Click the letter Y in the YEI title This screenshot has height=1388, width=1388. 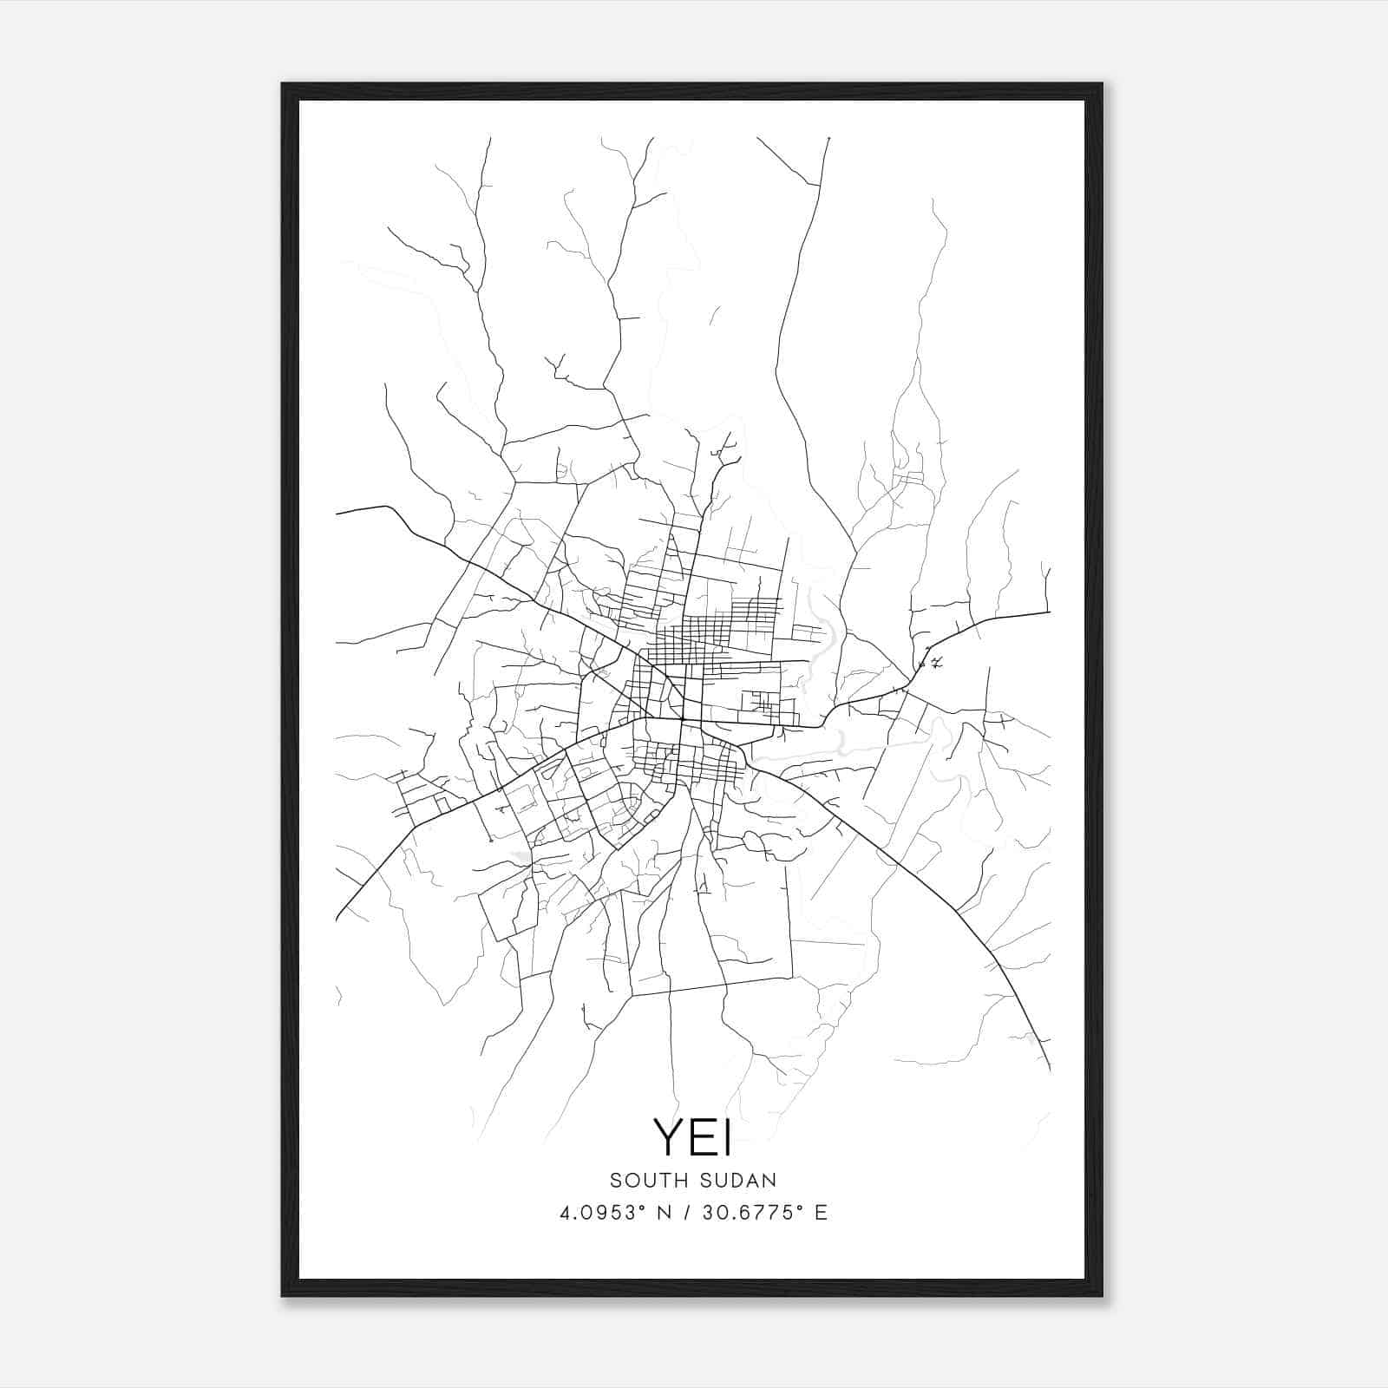click(670, 1137)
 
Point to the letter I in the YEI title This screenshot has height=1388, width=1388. click(727, 1137)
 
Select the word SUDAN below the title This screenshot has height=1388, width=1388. click(736, 1181)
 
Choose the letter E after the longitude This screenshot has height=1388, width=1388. click(821, 1213)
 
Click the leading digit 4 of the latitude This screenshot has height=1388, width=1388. click(565, 1213)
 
